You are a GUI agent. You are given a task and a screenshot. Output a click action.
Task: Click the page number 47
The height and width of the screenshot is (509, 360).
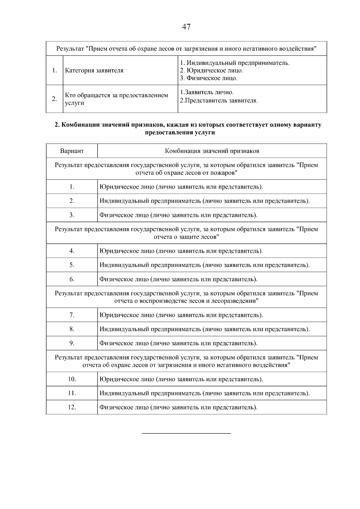click(x=186, y=27)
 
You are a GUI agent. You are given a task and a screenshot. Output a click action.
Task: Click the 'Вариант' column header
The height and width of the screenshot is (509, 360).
click(x=72, y=151)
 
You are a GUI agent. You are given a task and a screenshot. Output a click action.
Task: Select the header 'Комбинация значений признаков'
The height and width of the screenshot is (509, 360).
click(x=212, y=151)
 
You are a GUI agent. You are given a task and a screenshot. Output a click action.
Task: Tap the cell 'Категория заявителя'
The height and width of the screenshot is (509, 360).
click(x=94, y=71)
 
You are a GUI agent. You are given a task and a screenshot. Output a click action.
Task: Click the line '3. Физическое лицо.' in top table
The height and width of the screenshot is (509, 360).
click(x=208, y=78)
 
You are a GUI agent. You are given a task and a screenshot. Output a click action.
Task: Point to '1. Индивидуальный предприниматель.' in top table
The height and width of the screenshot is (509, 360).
click(x=235, y=63)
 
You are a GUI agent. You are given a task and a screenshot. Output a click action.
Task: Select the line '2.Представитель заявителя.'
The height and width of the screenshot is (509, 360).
click(x=219, y=100)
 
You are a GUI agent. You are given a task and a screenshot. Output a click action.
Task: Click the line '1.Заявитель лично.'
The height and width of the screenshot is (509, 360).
click(x=206, y=92)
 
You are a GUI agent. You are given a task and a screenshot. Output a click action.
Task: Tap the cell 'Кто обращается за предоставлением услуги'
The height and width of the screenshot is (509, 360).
click(x=116, y=99)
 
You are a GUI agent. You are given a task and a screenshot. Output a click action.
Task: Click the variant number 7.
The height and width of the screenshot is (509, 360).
click(x=72, y=315)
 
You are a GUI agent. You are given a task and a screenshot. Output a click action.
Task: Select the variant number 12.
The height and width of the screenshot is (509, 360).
click(x=72, y=407)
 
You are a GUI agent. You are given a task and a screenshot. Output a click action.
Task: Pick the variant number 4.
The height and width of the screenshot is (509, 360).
click(x=72, y=251)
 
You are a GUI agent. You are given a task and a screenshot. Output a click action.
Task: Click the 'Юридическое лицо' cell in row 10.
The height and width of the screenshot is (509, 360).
click(x=181, y=379)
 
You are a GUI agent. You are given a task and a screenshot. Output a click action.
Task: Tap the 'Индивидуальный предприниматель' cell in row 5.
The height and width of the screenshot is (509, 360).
click(x=204, y=265)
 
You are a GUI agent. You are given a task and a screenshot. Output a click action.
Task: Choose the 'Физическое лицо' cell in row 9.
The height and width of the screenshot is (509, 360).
click(x=178, y=343)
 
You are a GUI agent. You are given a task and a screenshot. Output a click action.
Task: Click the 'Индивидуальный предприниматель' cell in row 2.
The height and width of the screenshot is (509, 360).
click(x=204, y=201)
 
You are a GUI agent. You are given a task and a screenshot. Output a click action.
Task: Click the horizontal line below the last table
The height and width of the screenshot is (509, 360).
click(x=186, y=433)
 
